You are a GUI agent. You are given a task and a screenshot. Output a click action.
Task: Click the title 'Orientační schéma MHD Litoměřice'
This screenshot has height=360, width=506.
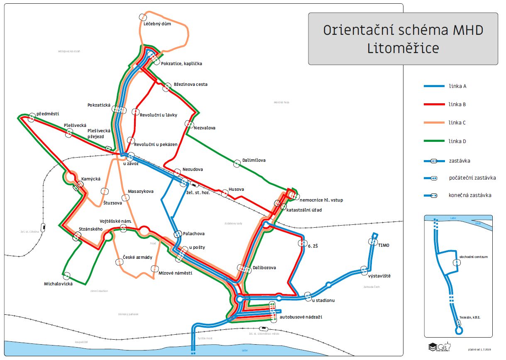click(x=403, y=39)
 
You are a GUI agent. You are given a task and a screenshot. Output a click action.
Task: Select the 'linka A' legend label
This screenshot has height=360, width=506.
click(x=457, y=86)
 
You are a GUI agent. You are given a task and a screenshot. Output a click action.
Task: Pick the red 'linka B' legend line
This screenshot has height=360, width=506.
click(x=434, y=105)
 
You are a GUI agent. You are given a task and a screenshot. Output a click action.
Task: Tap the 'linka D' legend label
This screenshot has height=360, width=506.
click(x=457, y=141)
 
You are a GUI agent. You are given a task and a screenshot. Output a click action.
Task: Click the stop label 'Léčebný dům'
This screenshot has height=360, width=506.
click(x=157, y=24)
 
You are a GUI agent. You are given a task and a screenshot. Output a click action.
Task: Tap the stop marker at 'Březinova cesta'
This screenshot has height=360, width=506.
click(x=167, y=87)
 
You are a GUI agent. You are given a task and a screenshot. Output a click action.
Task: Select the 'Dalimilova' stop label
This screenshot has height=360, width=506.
click(x=254, y=160)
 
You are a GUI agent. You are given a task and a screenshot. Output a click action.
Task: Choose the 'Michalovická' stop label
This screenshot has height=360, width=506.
click(x=59, y=284)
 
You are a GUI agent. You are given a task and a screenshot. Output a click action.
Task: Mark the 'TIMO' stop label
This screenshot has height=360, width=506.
click(x=384, y=246)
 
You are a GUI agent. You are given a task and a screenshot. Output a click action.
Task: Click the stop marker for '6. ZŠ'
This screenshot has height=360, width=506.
click(x=301, y=243)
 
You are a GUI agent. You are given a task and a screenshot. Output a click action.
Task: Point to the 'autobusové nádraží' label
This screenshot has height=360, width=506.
click(x=301, y=317)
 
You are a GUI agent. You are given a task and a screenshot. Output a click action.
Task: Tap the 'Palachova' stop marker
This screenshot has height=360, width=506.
click(x=178, y=234)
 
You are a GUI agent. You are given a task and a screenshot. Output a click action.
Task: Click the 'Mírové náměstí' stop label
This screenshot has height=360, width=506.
click(x=175, y=272)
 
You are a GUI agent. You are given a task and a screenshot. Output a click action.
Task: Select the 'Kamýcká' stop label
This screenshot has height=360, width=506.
click(x=91, y=179)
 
